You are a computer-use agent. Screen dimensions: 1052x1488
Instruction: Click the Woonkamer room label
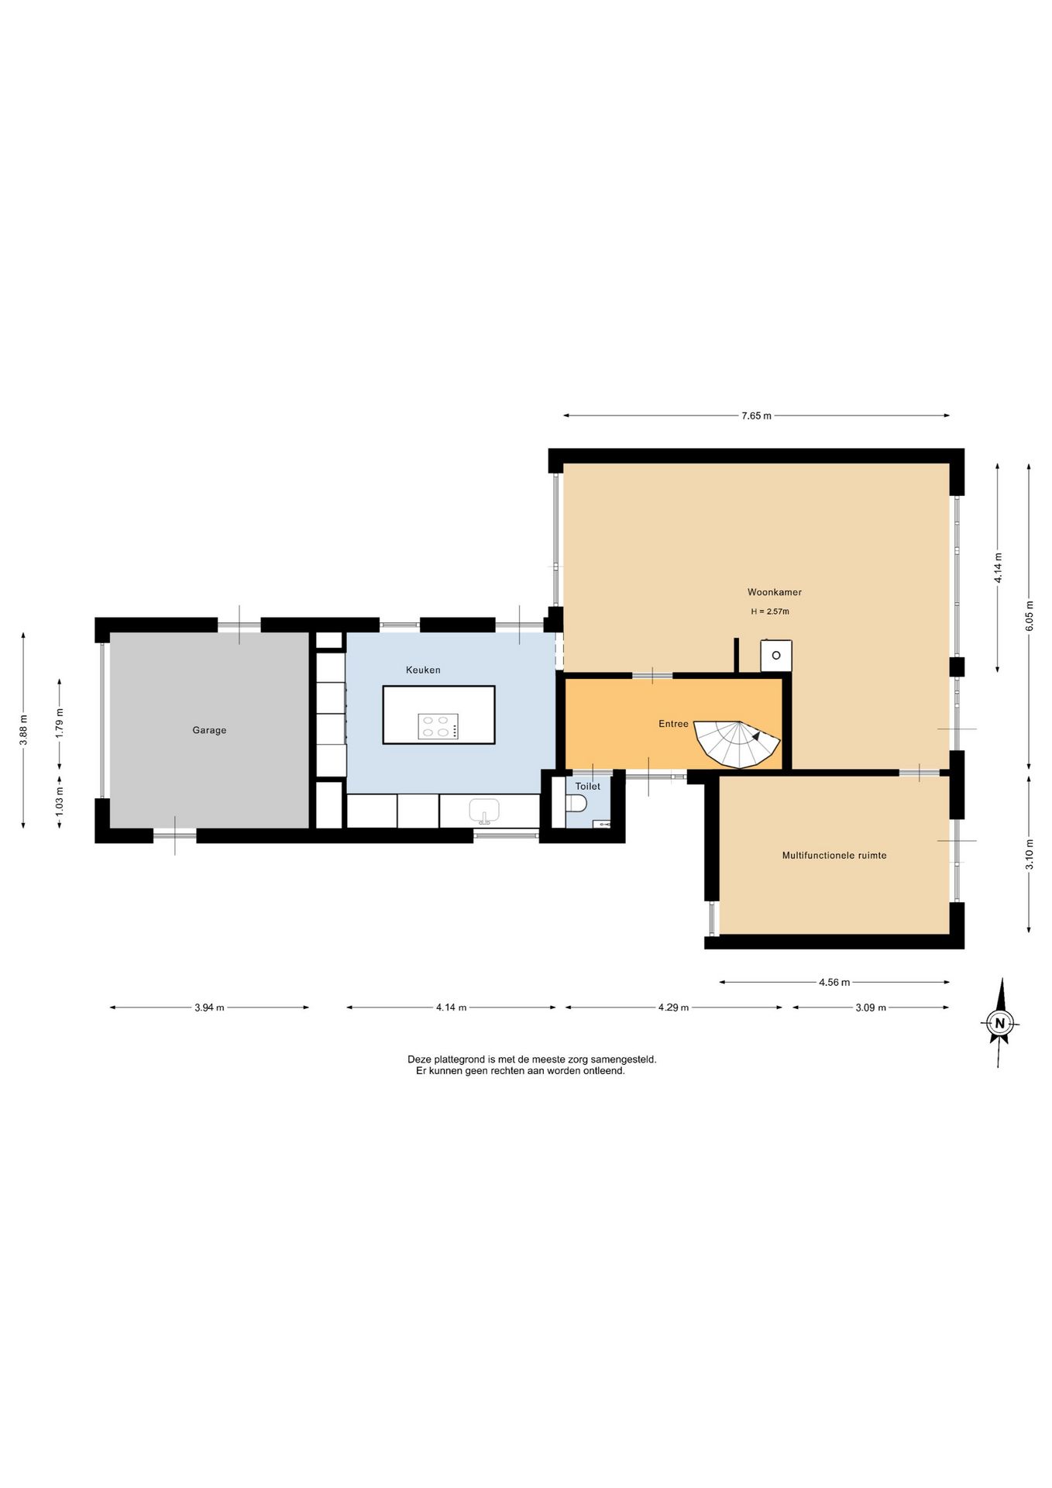(x=774, y=592)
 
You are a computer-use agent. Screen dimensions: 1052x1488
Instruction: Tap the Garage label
(x=209, y=730)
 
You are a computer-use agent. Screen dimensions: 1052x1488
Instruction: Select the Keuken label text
(x=423, y=670)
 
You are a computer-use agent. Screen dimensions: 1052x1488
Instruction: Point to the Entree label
(x=673, y=724)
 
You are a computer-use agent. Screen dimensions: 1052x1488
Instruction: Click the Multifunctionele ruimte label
(x=834, y=856)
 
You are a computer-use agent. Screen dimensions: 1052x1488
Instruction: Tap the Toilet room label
(x=587, y=786)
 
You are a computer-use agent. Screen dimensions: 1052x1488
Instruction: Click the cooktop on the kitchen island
(x=438, y=726)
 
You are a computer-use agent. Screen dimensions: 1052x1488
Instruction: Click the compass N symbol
(x=1000, y=1022)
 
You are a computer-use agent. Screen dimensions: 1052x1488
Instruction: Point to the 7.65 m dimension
(x=756, y=416)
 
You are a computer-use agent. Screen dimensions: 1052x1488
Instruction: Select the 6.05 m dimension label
(x=1030, y=616)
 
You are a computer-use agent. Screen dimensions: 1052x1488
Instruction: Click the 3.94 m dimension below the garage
(x=209, y=1007)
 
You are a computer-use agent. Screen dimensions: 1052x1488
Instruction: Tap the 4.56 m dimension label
(x=834, y=983)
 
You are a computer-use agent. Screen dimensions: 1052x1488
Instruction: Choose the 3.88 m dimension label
(x=24, y=730)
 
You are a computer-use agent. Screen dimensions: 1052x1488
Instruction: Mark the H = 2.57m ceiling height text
(x=770, y=611)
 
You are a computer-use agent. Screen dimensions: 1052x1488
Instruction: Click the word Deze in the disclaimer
(x=418, y=1059)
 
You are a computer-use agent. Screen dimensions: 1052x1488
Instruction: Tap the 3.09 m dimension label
(x=871, y=1007)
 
